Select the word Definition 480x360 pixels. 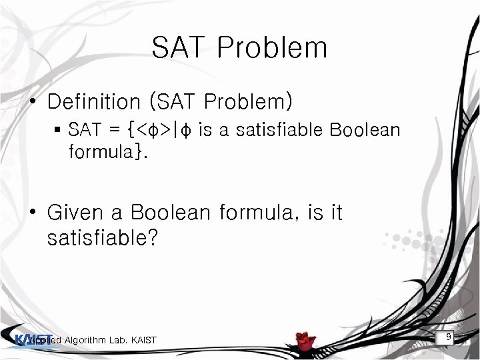[x=93, y=102]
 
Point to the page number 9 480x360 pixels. [x=449, y=337]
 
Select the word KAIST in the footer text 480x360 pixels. [x=143, y=341]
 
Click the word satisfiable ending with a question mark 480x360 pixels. [x=102, y=239]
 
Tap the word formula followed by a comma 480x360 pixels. [x=257, y=213]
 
